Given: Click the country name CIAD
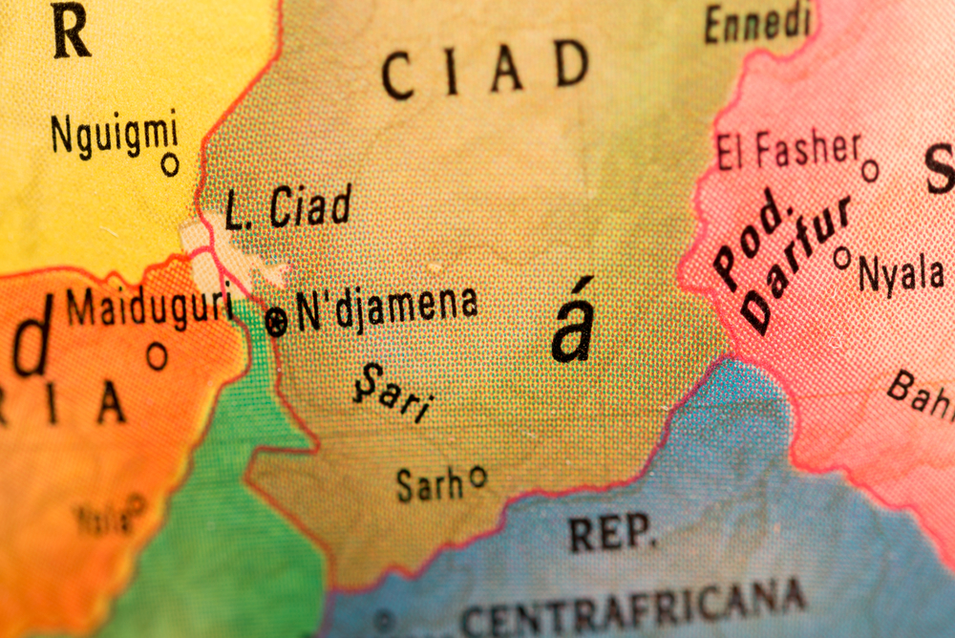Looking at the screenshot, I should coord(485,70).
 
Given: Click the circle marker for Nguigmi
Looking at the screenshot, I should coord(170,164).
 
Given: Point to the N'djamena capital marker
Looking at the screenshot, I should coord(276,324).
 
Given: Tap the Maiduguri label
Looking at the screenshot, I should coord(150,307).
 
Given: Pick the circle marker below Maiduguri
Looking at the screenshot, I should coord(157,356).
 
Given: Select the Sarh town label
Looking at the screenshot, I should coord(430,484).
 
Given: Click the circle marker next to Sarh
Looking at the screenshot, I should coord(478,475).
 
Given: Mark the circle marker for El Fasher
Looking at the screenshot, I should coord(869,171).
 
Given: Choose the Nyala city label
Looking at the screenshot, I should coord(901,274).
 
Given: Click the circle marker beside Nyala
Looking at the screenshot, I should coord(842,257).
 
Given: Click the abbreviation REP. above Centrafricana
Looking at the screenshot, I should coord(613,533).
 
